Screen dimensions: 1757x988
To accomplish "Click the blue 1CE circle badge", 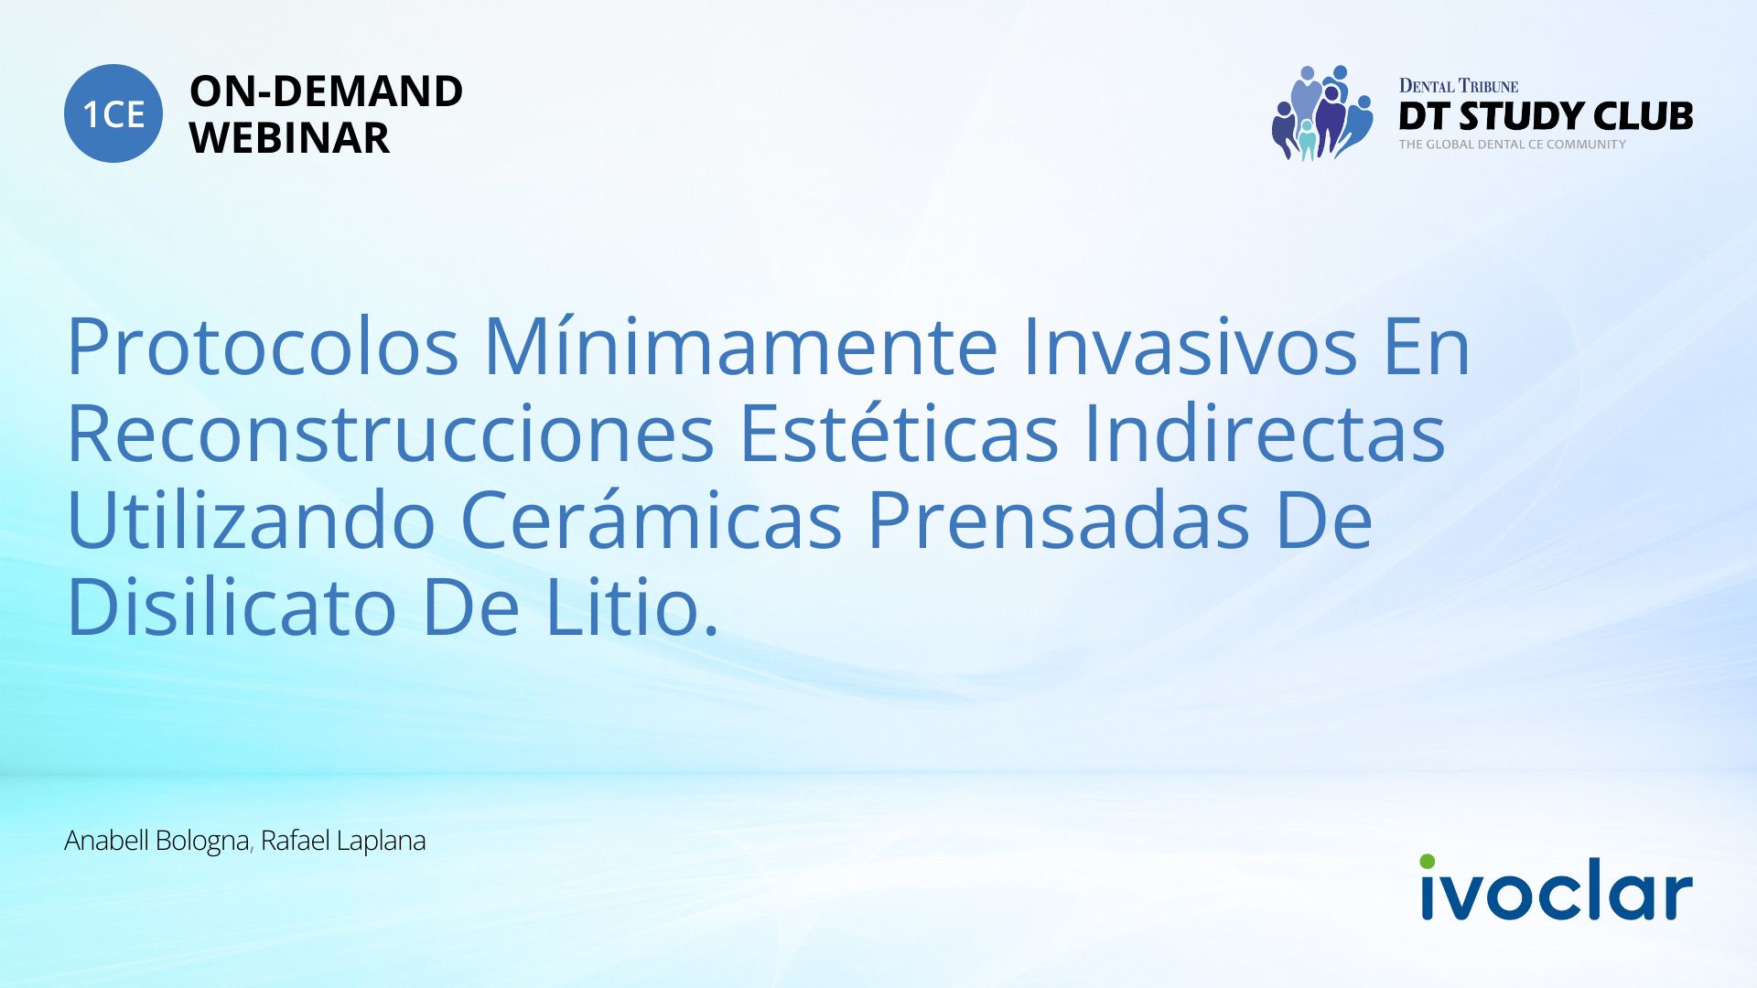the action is tap(113, 113).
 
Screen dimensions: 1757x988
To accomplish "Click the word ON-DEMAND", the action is tap(326, 91).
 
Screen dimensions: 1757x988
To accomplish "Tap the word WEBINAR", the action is tap(289, 138).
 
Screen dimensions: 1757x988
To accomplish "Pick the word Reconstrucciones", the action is tap(391, 434).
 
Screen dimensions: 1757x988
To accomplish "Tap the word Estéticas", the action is tap(899, 434).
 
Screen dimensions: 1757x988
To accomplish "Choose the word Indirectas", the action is tap(1265, 434).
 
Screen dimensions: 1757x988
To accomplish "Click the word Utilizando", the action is tap(251, 521).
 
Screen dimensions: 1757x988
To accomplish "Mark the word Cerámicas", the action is tap(651, 521).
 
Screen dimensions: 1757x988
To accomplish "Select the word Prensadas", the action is tap(1059, 521).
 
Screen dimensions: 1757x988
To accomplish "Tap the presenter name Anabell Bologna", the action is tap(156, 841).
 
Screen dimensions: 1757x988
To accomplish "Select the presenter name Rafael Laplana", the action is tap(343, 841).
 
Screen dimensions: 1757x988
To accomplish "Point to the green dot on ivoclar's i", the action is tap(1428, 862).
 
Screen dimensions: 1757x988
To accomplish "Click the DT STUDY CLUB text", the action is tap(1546, 116).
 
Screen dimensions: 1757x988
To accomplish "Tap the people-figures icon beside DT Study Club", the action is tap(1322, 113).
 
